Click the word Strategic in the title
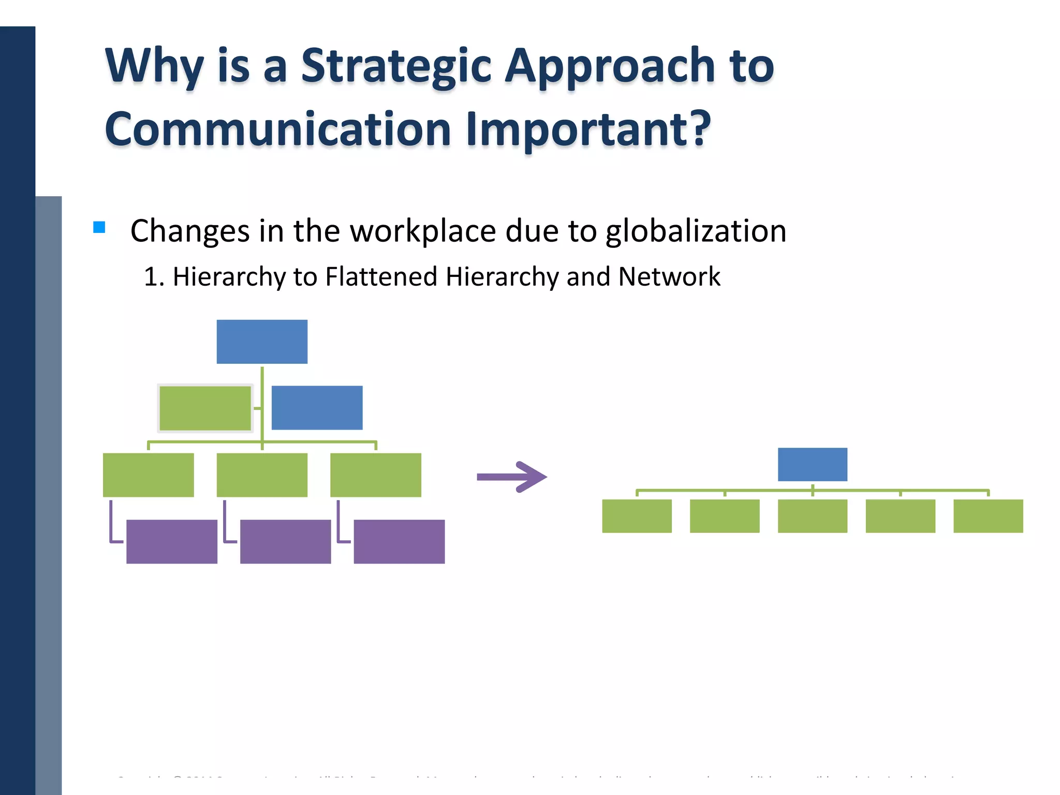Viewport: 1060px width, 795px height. click(396, 66)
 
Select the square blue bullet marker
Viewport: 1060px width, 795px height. click(99, 227)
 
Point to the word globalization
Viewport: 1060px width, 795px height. click(696, 231)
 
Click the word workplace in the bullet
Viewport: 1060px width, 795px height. click(423, 231)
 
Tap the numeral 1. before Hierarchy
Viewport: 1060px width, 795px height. click(154, 276)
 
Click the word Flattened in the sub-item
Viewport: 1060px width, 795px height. click(381, 276)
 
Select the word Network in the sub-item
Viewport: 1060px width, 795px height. click(669, 276)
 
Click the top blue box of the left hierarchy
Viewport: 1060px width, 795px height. click(262, 342)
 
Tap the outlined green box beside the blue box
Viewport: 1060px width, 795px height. click(205, 408)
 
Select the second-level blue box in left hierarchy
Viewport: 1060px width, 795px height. click(317, 407)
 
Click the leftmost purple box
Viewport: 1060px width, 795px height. click(172, 541)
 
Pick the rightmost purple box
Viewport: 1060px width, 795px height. click(399, 541)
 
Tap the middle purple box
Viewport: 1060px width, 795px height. click(285, 541)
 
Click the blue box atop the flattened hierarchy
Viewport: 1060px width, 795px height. click(812, 464)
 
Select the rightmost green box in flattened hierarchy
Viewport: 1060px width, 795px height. click(988, 516)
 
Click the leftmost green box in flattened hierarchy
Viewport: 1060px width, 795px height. click(637, 516)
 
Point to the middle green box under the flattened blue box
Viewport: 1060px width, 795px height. click(812, 516)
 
